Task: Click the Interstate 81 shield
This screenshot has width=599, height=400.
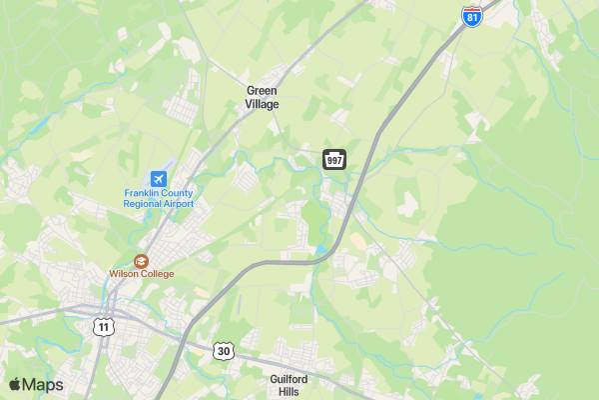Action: click(x=471, y=15)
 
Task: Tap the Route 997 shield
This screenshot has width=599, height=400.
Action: click(x=334, y=160)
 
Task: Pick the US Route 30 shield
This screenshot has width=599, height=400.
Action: click(x=224, y=351)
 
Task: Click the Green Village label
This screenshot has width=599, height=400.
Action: click(x=263, y=97)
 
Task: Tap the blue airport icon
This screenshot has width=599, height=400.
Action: click(x=159, y=178)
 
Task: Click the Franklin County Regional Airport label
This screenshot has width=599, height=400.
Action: click(x=159, y=198)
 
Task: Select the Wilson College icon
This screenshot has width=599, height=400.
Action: click(x=141, y=260)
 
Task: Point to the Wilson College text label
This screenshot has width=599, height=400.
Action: click(x=141, y=274)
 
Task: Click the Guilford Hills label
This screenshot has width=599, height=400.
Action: click(x=289, y=385)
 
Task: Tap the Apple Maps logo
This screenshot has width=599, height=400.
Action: click(x=35, y=385)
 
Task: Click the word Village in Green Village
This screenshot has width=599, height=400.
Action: click(x=263, y=104)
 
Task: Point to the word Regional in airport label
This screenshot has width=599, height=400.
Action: click(x=142, y=204)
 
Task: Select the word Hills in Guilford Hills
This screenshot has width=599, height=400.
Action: click(x=289, y=392)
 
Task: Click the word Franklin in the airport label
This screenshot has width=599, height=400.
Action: click(x=143, y=193)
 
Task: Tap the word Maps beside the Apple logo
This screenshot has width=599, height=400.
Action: click(x=43, y=385)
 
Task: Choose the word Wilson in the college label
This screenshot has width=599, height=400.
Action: click(x=124, y=274)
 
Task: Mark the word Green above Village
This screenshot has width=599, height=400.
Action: click(x=263, y=90)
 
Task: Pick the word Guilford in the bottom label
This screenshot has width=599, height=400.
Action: click(x=289, y=379)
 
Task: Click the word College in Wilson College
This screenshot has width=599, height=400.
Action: click(x=157, y=274)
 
